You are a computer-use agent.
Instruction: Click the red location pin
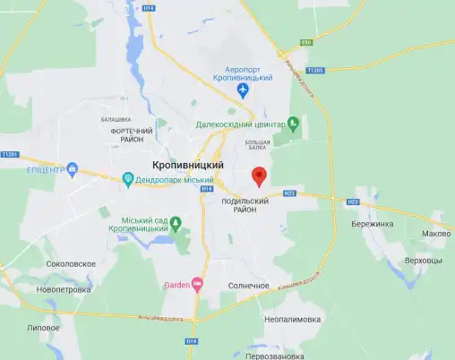tap(259, 175)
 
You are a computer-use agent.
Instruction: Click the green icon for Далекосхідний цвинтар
tap(292, 124)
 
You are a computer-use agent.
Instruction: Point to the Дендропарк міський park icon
tap(127, 178)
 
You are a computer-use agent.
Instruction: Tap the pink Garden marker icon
tap(198, 285)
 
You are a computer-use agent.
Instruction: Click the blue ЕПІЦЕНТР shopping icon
tap(73, 168)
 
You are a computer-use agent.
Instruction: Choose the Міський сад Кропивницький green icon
tap(176, 221)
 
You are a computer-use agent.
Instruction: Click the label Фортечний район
tap(132, 136)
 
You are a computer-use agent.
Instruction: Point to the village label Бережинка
tap(373, 224)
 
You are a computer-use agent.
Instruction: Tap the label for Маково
tap(435, 234)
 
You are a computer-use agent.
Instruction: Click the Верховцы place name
tap(424, 260)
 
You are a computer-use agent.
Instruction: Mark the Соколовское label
tap(70, 264)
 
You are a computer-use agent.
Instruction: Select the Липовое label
tap(43, 328)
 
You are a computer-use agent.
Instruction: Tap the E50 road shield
tap(307, 43)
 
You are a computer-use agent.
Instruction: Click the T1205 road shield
tap(314, 70)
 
